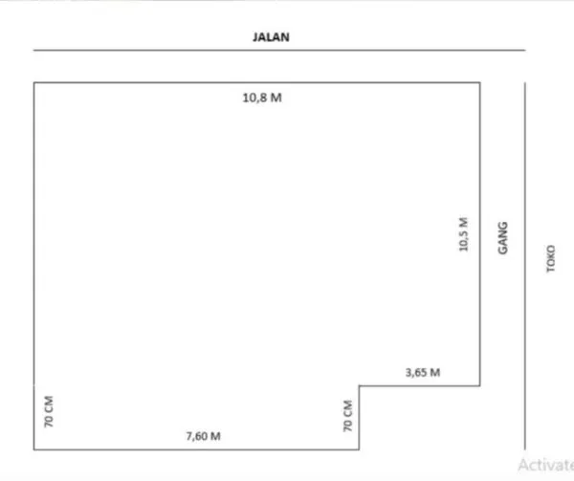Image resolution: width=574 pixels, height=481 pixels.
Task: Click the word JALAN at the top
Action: (x=272, y=37)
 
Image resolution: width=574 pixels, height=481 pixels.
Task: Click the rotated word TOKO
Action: (x=550, y=262)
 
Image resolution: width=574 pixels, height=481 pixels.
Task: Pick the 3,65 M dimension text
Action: (x=421, y=371)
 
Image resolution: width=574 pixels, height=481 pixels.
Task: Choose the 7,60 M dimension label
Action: (x=203, y=436)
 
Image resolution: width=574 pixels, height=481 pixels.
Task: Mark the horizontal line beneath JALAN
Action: (x=277, y=50)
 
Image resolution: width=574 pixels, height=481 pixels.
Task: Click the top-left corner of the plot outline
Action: (x=34, y=83)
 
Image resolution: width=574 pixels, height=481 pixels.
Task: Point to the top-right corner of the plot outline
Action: (x=479, y=83)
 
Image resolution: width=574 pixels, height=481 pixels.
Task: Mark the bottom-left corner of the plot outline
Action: (x=34, y=448)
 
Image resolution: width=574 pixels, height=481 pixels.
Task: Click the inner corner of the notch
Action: (x=359, y=386)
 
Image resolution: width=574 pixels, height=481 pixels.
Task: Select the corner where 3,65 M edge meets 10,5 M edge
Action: (x=479, y=386)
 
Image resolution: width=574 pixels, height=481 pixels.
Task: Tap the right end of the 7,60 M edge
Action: (x=359, y=448)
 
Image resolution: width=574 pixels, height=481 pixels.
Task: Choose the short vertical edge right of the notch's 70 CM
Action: (x=359, y=418)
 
